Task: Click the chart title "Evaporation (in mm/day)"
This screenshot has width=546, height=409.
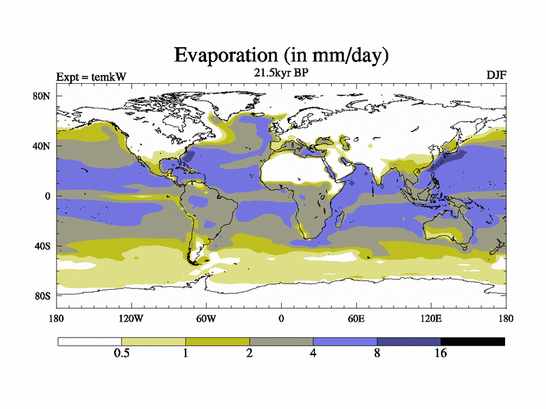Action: point(281,54)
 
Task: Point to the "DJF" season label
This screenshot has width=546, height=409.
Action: point(495,74)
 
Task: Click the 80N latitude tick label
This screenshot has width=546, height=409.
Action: point(42,96)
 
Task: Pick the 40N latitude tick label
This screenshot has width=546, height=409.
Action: point(42,146)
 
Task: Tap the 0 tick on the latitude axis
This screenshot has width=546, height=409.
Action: point(48,196)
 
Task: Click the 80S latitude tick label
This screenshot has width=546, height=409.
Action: point(42,296)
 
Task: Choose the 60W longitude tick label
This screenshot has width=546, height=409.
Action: point(206,318)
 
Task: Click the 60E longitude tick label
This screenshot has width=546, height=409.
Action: point(356,318)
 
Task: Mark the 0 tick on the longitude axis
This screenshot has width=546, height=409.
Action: point(281,318)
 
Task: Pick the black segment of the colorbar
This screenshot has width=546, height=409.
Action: point(472,341)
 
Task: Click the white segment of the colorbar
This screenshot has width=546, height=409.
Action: point(89,341)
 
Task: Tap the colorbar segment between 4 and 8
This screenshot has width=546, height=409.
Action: point(345,341)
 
